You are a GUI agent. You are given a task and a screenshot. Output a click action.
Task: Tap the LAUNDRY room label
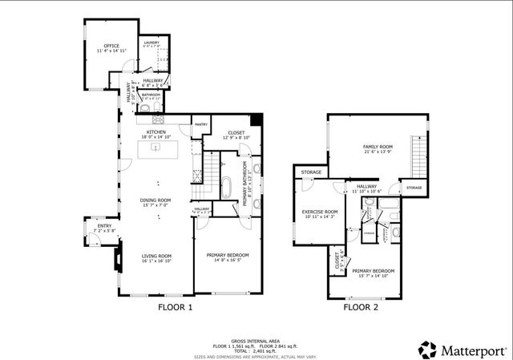[x=151, y=42]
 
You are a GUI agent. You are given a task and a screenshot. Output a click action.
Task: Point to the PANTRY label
[x=201, y=124]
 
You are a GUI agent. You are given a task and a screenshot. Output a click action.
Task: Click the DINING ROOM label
[x=156, y=200]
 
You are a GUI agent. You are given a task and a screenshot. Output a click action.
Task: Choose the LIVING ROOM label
[x=157, y=256]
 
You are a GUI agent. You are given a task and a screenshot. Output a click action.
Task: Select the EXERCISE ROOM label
[x=319, y=212]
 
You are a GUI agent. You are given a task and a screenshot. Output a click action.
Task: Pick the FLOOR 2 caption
[x=361, y=307]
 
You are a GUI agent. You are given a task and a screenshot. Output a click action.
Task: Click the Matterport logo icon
[x=424, y=349]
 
